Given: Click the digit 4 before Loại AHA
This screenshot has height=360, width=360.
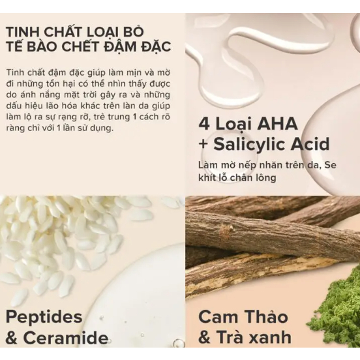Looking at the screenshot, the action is point(204,124).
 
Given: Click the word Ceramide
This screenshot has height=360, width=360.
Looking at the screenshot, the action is point(66,338).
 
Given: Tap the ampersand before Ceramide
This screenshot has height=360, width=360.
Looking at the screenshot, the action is point(12,338).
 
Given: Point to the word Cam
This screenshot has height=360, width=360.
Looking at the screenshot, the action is point(215,317).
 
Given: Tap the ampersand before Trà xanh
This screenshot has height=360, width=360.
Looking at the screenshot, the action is point(205,337).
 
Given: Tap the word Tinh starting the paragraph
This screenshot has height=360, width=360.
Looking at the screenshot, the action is point(15,72).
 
